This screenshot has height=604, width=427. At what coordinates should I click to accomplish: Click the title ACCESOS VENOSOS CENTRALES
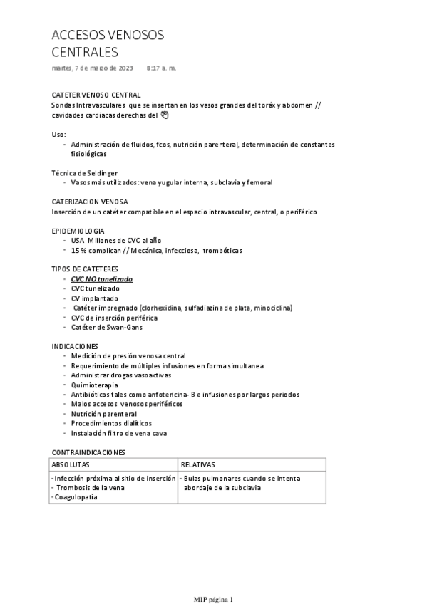click(108, 43)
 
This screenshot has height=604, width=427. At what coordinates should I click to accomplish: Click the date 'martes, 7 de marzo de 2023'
click(93, 68)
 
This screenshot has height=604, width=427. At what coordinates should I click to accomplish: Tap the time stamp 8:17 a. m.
click(161, 68)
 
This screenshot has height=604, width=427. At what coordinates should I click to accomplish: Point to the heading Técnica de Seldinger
click(85, 173)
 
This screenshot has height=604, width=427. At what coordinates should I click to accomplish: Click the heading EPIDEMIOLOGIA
click(78, 231)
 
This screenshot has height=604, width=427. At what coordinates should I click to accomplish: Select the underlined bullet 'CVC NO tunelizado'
click(101, 279)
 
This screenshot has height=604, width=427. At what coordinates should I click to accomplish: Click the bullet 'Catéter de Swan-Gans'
click(106, 327)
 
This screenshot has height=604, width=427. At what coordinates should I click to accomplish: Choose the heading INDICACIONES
click(76, 345)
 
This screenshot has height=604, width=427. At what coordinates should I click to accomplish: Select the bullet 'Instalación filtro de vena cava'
click(119, 432)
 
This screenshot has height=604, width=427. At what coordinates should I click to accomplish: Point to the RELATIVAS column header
click(198, 464)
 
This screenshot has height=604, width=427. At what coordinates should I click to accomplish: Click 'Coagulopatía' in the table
click(76, 496)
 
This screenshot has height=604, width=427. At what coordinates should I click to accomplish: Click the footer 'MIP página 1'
click(213, 599)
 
